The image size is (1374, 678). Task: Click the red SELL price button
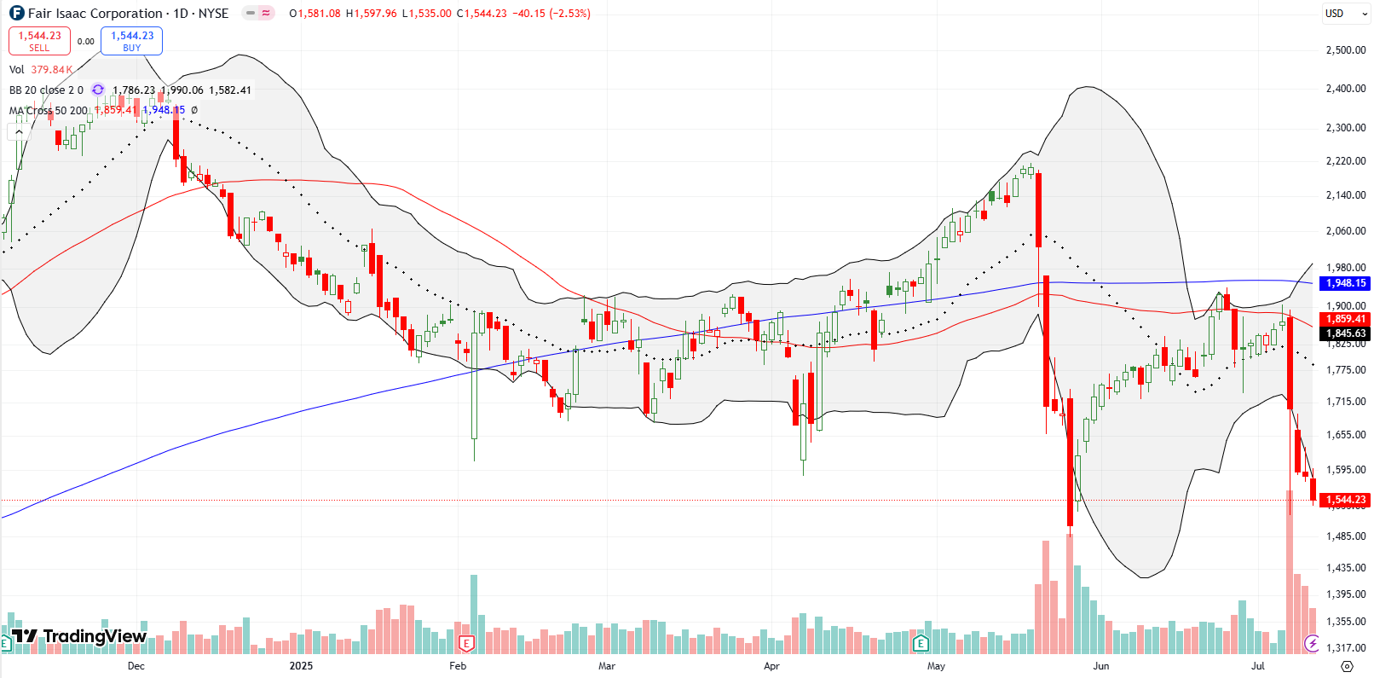(x=39, y=41)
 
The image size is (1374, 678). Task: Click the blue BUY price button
(x=131, y=41)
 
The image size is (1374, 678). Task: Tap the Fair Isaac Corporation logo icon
(x=16, y=14)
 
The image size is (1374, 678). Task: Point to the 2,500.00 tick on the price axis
(x=1346, y=50)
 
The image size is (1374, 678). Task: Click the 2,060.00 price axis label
(x=1346, y=231)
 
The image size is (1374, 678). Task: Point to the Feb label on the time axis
(x=458, y=666)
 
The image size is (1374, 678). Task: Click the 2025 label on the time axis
(x=301, y=666)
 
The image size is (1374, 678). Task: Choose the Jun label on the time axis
(x=1101, y=666)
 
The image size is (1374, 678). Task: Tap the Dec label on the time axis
(x=136, y=666)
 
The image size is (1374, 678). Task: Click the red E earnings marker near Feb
(x=465, y=642)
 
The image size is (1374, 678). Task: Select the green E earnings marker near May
(x=920, y=642)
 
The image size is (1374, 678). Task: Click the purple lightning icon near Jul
(x=1312, y=642)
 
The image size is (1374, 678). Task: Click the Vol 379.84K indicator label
(x=40, y=70)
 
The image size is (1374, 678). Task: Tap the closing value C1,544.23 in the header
(x=482, y=14)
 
